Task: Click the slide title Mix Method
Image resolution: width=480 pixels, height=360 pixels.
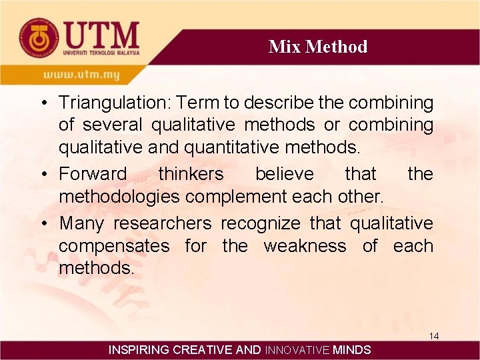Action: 318,47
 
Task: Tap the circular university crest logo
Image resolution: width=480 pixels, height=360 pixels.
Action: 37,37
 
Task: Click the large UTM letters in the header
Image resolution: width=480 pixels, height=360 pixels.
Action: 101,33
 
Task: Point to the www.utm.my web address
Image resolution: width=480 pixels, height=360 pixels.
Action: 82,74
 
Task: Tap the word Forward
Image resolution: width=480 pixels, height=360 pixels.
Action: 93,174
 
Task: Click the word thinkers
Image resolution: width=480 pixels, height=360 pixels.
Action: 191,174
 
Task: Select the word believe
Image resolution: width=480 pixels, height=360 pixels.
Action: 284,174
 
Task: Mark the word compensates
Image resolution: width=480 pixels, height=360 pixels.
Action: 114,246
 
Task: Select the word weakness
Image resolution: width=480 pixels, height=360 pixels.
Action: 305,246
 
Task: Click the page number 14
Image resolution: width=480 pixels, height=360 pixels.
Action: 434,336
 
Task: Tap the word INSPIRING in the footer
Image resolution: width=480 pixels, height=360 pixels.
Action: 139,349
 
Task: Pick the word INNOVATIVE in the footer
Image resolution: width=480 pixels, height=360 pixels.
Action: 297,349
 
